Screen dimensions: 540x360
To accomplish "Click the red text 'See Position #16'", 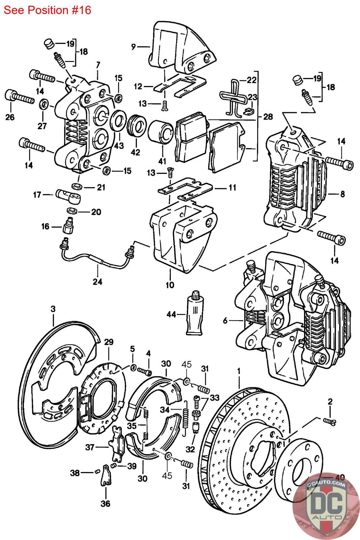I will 48,10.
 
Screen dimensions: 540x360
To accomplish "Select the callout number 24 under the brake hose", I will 98,281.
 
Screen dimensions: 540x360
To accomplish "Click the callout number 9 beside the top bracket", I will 134,47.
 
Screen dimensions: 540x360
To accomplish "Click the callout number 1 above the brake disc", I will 239,371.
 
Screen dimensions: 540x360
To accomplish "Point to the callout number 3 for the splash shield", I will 53,309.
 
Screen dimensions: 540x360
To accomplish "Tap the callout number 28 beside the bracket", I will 268,117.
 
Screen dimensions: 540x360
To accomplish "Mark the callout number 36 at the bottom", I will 106,504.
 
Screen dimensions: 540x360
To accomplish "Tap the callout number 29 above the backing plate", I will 109,342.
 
